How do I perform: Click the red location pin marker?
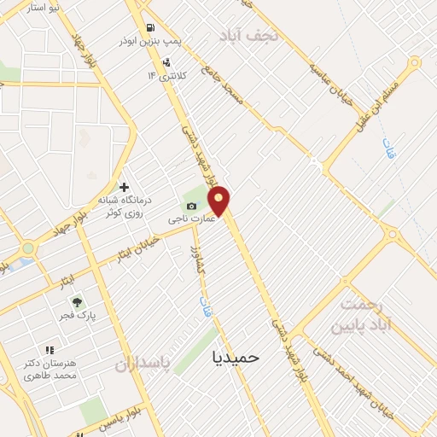(219, 201)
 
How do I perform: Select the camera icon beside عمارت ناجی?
(191, 207)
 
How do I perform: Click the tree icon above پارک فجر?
(77, 302)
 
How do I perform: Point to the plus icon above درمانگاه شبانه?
(125, 187)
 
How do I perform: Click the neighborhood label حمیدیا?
(236, 358)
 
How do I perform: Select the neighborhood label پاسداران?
(143, 364)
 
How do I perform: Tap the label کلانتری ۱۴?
(164, 77)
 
